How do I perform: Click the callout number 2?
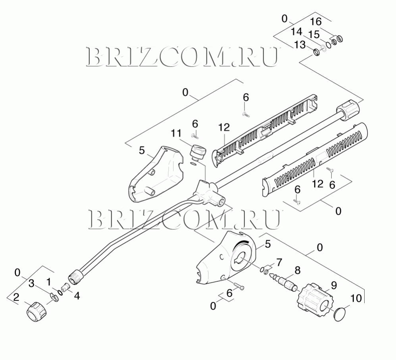pos(16,297)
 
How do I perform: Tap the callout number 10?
pos(356,298)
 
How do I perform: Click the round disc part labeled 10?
pos(340,314)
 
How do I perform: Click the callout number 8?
pos(298,270)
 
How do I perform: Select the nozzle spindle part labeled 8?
pos(283,282)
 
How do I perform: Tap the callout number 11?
pos(176,133)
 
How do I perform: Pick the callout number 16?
pos(316,22)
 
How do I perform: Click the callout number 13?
pos(300,45)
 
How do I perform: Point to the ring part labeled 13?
pos(316,52)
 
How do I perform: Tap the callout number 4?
pos(77,296)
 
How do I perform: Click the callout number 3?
pos(31,283)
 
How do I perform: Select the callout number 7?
pos(279,262)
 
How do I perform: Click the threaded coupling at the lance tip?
pos(75,277)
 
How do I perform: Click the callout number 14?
pos(296,32)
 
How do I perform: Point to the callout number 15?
pos(314,35)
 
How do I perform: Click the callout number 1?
pos(48,281)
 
